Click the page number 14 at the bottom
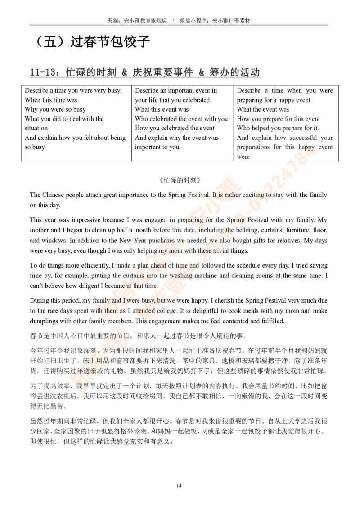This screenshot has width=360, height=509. [x=179, y=486]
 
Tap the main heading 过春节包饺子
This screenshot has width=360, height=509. [x=110, y=41]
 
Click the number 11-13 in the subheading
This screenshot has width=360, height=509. [x=43, y=72]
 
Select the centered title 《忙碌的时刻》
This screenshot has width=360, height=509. [x=180, y=180]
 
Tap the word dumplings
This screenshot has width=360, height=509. [x=44, y=321]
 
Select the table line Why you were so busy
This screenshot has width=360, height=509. [x=55, y=109]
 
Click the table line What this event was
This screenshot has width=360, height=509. [x=162, y=109]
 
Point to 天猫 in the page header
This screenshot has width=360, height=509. [x=112, y=21]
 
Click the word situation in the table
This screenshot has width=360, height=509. [x=36, y=128]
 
